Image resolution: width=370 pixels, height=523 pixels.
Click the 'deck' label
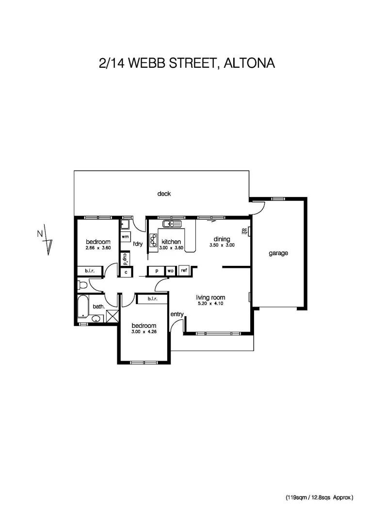(x=164, y=194)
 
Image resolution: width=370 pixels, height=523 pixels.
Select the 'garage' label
(x=278, y=253)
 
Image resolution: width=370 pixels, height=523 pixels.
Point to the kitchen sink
(x=172, y=224)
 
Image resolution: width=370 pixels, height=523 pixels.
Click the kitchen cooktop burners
(x=153, y=241)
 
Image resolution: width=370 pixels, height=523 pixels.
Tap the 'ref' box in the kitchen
(x=184, y=271)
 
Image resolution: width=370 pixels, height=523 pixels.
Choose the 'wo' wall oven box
(x=171, y=271)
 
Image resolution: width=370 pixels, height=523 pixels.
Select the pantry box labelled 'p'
(x=157, y=271)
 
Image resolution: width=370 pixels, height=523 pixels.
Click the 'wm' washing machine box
(x=125, y=236)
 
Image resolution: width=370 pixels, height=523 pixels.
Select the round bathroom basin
(x=96, y=319)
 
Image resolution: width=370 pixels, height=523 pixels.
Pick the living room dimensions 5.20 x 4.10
(x=210, y=304)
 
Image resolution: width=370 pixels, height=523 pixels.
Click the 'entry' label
(x=177, y=314)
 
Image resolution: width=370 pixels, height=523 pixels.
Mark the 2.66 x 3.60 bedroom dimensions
(x=98, y=248)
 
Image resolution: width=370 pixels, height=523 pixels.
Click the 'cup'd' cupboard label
(x=125, y=258)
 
